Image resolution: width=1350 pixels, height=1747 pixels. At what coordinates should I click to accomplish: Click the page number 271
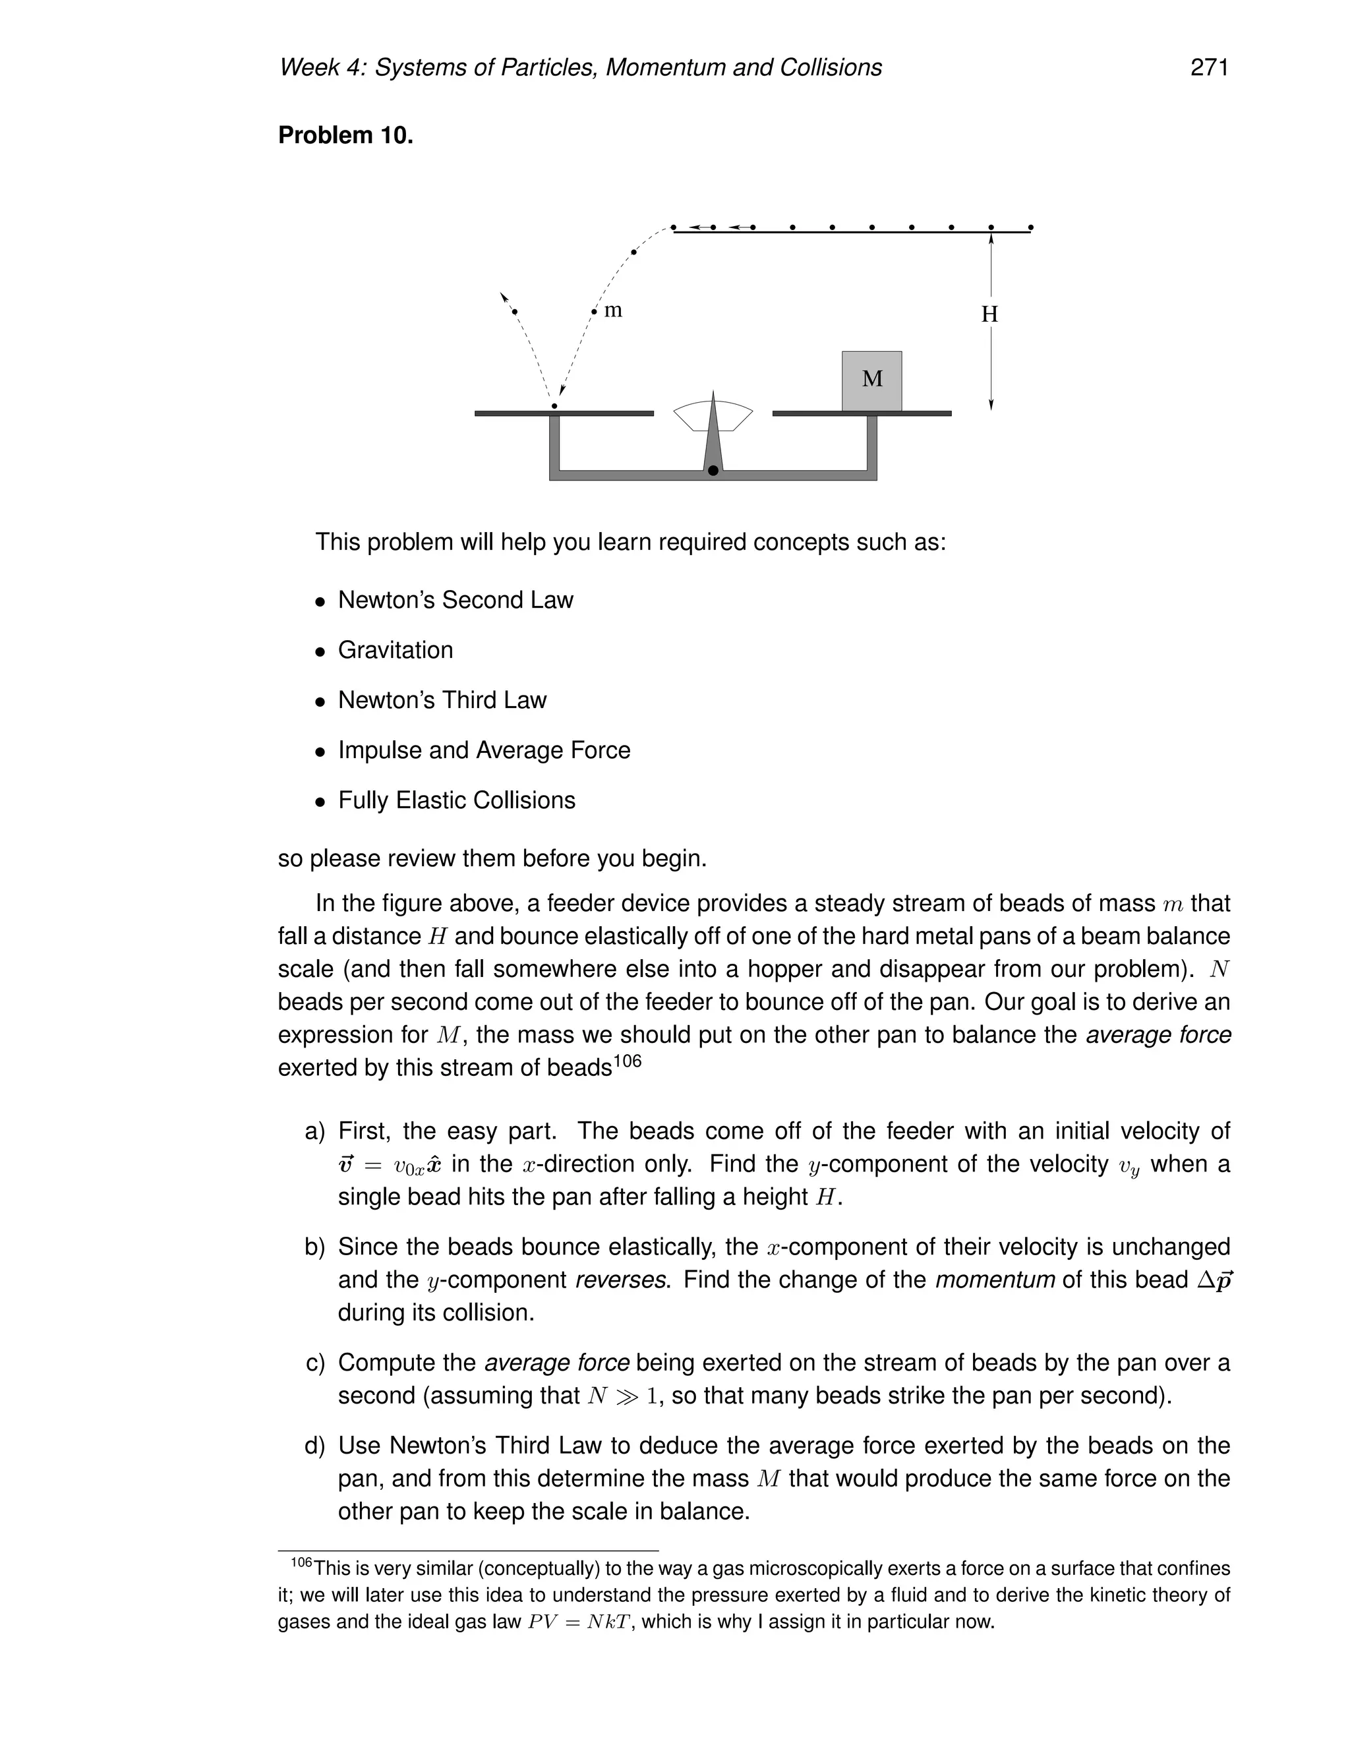(1208, 68)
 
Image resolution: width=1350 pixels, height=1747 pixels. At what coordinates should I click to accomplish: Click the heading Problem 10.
(345, 135)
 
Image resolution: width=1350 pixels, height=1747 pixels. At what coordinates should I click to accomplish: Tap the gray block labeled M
(871, 380)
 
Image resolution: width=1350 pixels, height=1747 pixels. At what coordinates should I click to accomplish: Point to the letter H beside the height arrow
(989, 314)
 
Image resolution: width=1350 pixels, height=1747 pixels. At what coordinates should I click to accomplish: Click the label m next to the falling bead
(612, 311)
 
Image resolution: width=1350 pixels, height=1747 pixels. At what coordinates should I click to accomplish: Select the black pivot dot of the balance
(713, 470)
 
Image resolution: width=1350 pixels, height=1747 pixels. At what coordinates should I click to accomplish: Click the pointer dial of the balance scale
(713, 416)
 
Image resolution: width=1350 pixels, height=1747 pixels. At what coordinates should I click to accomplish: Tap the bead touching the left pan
(554, 406)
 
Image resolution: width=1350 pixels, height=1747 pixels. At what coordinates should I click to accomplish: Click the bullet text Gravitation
(395, 650)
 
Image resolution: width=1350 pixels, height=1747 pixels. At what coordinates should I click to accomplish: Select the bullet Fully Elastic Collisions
(456, 801)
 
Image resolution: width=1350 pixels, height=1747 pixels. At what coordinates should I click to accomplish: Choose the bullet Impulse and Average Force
(484, 750)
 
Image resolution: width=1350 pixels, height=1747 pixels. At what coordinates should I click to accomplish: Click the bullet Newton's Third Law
(442, 700)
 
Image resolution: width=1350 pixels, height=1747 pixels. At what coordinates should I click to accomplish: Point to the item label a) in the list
(315, 1131)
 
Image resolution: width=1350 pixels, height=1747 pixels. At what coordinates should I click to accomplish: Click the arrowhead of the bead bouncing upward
(503, 296)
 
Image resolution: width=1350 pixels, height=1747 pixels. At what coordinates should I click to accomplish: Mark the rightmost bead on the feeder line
(1030, 228)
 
